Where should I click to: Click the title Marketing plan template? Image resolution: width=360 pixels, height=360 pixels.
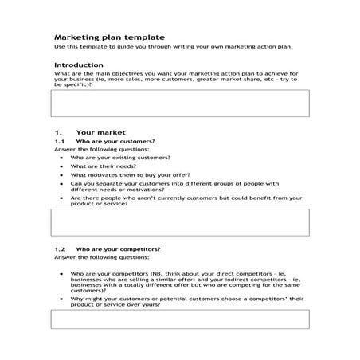pyautogui.click(x=109, y=37)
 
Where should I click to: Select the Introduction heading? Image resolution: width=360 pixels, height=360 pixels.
pyautogui.click(x=78, y=65)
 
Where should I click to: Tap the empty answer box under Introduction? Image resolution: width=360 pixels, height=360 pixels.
pyautogui.click(x=180, y=104)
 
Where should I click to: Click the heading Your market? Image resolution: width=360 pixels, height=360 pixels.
pyautogui.click(x=100, y=132)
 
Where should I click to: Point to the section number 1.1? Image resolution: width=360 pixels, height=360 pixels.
pyautogui.click(x=59, y=141)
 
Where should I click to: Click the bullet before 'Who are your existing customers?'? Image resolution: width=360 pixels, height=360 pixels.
pyautogui.click(x=61, y=158)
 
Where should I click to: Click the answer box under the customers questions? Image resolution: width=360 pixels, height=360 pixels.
pyautogui.click(x=180, y=222)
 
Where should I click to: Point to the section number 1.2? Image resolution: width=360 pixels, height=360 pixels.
pyautogui.click(x=59, y=249)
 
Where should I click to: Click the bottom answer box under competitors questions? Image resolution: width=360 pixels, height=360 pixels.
pyautogui.click(x=180, y=319)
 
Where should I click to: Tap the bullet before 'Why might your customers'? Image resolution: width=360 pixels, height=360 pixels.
pyautogui.click(x=61, y=298)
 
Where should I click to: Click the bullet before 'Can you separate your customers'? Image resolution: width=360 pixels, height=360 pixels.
pyautogui.click(x=61, y=183)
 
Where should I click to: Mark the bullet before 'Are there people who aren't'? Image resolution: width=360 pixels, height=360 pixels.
pyautogui.click(x=61, y=197)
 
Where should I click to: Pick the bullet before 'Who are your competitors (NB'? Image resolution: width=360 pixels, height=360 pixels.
pyautogui.click(x=61, y=272)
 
